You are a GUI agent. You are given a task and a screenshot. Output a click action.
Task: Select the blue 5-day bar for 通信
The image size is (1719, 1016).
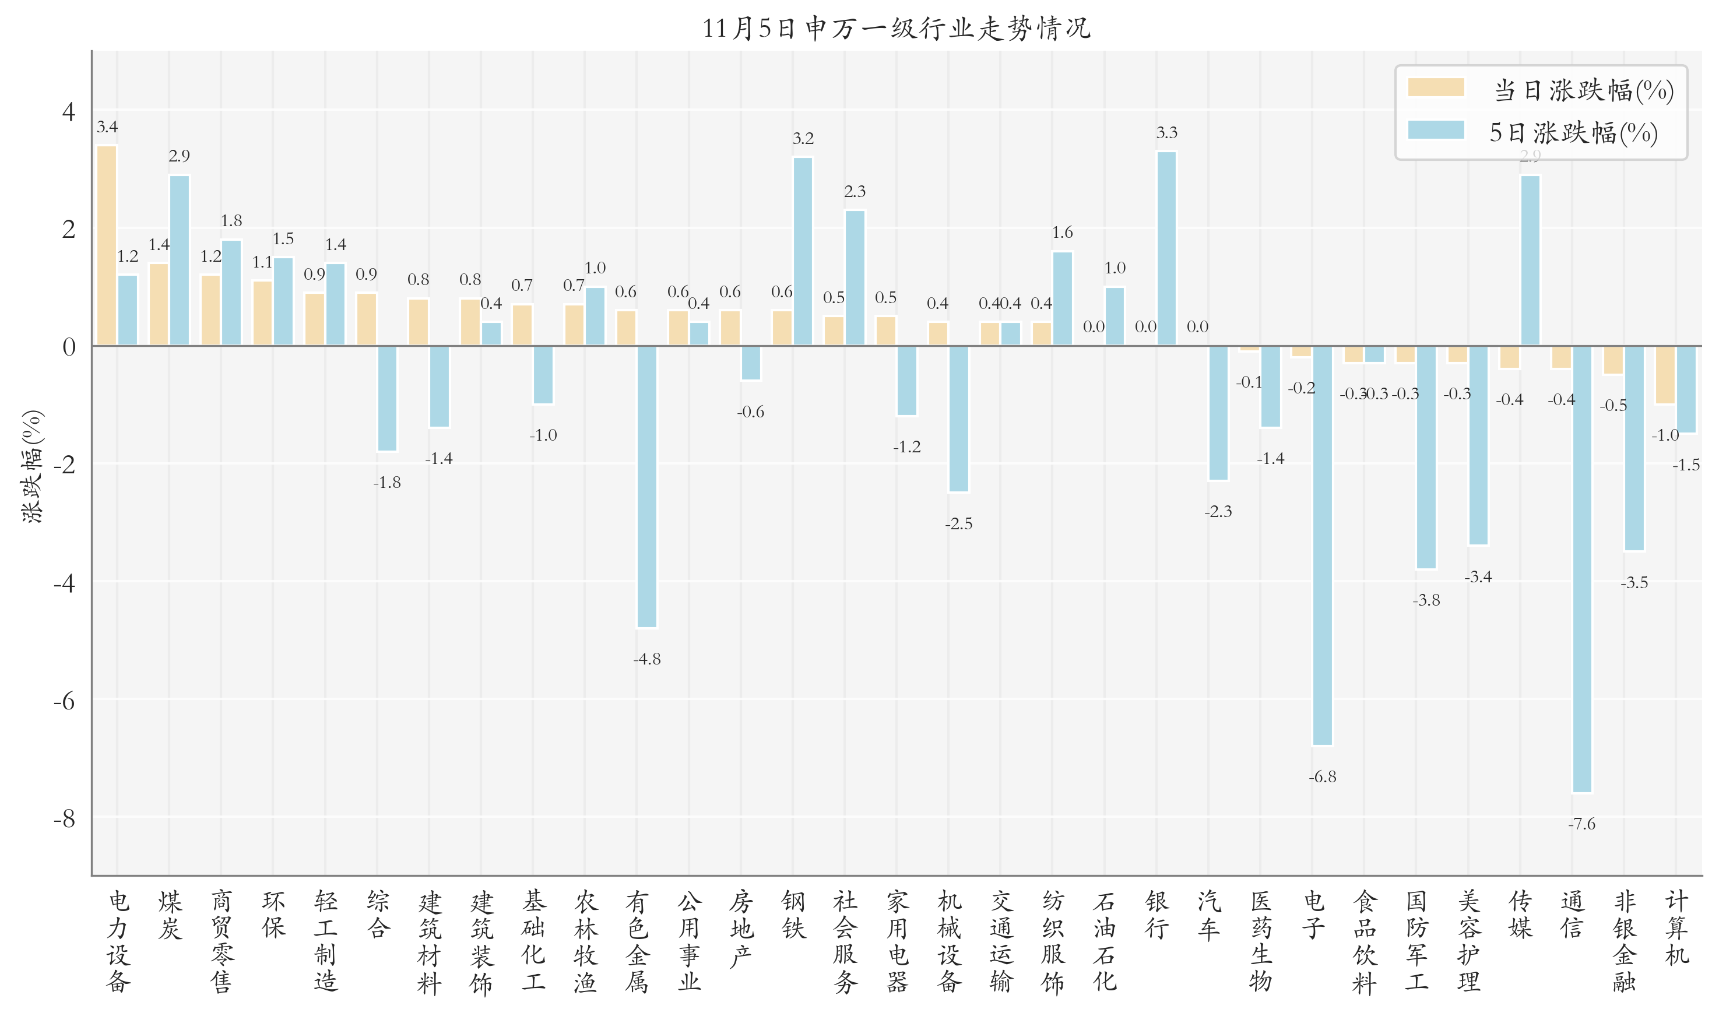pyautogui.click(x=1581, y=568)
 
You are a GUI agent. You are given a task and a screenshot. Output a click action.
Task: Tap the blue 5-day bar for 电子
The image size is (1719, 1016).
pyautogui.click(x=1322, y=544)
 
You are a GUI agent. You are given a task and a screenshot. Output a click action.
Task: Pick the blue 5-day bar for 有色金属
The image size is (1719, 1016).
pyautogui.click(x=646, y=486)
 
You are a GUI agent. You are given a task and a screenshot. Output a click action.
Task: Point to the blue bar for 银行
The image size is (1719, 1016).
pyautogui.click(x=1166, y=248)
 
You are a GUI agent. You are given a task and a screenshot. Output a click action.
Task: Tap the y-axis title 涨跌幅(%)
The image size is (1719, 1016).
pyautogui.click(x=32, y=466)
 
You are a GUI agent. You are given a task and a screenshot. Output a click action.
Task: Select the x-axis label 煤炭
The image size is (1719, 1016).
pyautogui.click(x=169, y=915)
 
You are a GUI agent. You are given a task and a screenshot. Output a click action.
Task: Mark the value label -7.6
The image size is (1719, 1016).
pyautogui.click(x=1581, y=824)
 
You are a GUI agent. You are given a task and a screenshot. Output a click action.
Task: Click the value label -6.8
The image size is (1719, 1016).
pyautogui.click(x=1322, y=776)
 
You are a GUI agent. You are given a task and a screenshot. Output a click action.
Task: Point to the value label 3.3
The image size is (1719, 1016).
pyautogui.click(x=1166, y=133)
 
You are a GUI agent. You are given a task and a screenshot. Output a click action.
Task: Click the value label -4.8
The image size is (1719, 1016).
pyautogui.click(x=646, y=659)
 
